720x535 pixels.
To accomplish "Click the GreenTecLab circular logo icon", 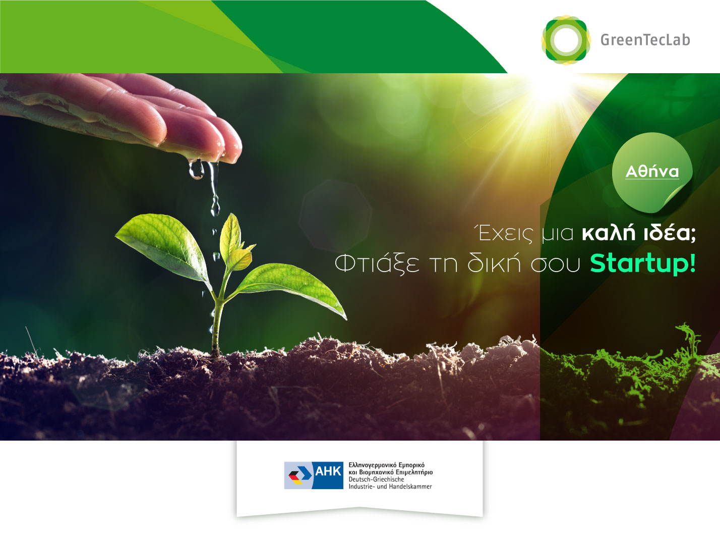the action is pos(566,40).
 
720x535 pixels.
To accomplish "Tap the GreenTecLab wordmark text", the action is pos(645,40).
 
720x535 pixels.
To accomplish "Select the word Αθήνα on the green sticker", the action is pos(652,171).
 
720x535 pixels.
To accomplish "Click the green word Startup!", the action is pos(643,263).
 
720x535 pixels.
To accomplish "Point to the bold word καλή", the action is pos(609,233).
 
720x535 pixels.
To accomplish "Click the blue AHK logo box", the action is pos(314,475).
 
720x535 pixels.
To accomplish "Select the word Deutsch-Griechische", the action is pos(376,479).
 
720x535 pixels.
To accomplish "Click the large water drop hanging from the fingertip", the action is pos(196,170).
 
